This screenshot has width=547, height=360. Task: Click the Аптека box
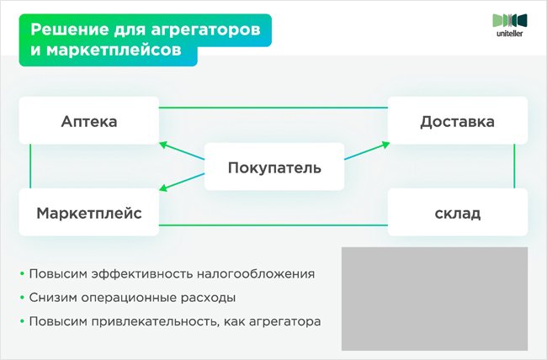88,122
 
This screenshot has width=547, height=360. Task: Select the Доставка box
457,122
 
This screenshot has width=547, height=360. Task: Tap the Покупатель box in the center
274,167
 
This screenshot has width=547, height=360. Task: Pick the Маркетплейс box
88,213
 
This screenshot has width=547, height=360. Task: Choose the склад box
457,213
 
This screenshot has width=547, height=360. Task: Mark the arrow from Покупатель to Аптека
183,151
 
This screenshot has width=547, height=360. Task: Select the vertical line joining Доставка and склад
514,166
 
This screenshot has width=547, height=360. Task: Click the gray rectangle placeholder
434,298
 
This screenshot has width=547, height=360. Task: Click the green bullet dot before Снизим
20,298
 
